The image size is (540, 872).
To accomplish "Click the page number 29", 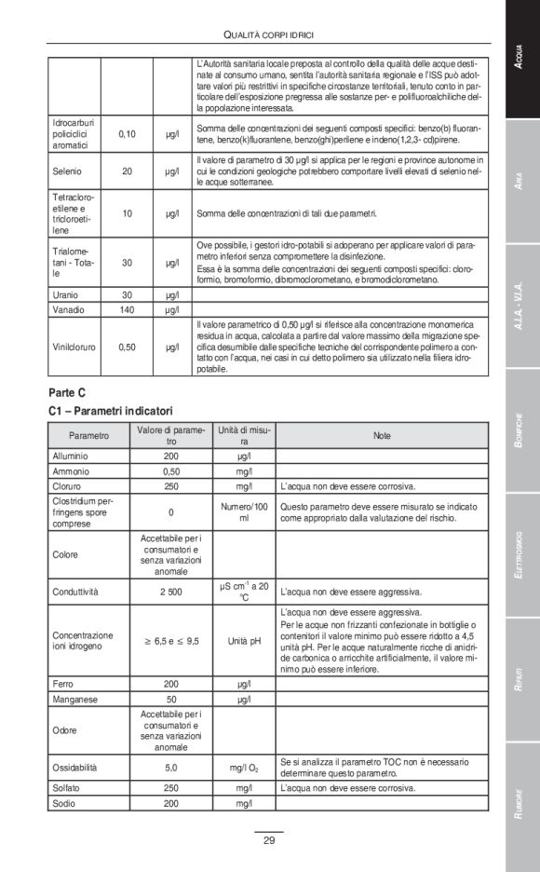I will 268,841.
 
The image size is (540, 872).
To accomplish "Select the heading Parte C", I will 70,392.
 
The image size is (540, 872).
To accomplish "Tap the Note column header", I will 382,435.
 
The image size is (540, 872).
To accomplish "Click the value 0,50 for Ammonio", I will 170,471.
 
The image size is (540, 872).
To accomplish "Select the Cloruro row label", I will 67,486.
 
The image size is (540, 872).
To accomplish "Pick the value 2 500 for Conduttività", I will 170,592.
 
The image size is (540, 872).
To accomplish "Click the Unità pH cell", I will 244,641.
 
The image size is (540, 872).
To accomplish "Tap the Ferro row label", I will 62,684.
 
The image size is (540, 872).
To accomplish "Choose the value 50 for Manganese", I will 170,699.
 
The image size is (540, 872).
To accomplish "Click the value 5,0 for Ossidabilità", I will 170,768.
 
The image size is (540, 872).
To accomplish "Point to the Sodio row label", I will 64,803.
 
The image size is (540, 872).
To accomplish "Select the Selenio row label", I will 69,170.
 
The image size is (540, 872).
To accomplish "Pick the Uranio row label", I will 67,294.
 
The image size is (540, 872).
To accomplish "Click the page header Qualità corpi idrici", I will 268,34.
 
